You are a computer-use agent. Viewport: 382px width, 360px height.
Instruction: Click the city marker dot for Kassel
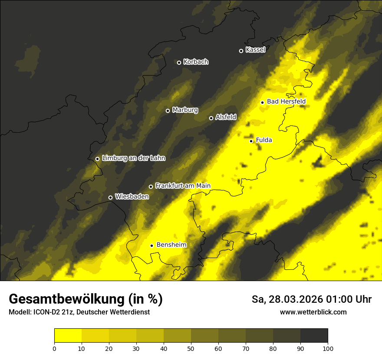(241, 51)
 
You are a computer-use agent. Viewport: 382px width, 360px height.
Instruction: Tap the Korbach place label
(196, 62)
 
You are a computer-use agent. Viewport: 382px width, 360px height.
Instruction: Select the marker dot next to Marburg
(168, 111)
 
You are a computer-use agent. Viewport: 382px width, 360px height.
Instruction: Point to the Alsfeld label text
(226, 117)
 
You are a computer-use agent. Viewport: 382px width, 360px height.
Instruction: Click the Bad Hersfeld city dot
(262, 102)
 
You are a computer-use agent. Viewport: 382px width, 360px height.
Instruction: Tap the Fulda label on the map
(264, 140)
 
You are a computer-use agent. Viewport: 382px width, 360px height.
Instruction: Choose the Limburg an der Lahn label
(133, 158)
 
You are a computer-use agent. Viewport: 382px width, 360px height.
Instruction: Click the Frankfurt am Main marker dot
(151, 187)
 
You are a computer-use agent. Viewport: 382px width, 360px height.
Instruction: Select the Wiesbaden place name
(132, 196)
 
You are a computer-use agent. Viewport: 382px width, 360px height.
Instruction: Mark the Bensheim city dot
(151, 245)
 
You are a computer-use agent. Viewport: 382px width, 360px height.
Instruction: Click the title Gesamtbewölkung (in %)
(86, 299)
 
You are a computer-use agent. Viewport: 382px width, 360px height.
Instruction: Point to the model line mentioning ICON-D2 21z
(79, 312)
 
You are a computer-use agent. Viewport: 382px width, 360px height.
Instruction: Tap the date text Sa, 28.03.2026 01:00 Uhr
(312, 299)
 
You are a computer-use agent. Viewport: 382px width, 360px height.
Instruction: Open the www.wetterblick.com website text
(313, 312)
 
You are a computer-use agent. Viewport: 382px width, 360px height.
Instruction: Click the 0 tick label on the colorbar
(54, 348)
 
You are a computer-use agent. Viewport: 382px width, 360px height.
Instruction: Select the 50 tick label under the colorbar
(191, 348)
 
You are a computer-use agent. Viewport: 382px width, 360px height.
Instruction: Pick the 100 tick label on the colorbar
(328, 348)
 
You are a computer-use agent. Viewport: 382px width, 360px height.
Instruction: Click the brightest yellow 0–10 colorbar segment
(68, 336)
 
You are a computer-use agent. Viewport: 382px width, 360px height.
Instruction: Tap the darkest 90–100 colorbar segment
(314, 336)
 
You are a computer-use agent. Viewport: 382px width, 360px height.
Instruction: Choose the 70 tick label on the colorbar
(246, 348)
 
